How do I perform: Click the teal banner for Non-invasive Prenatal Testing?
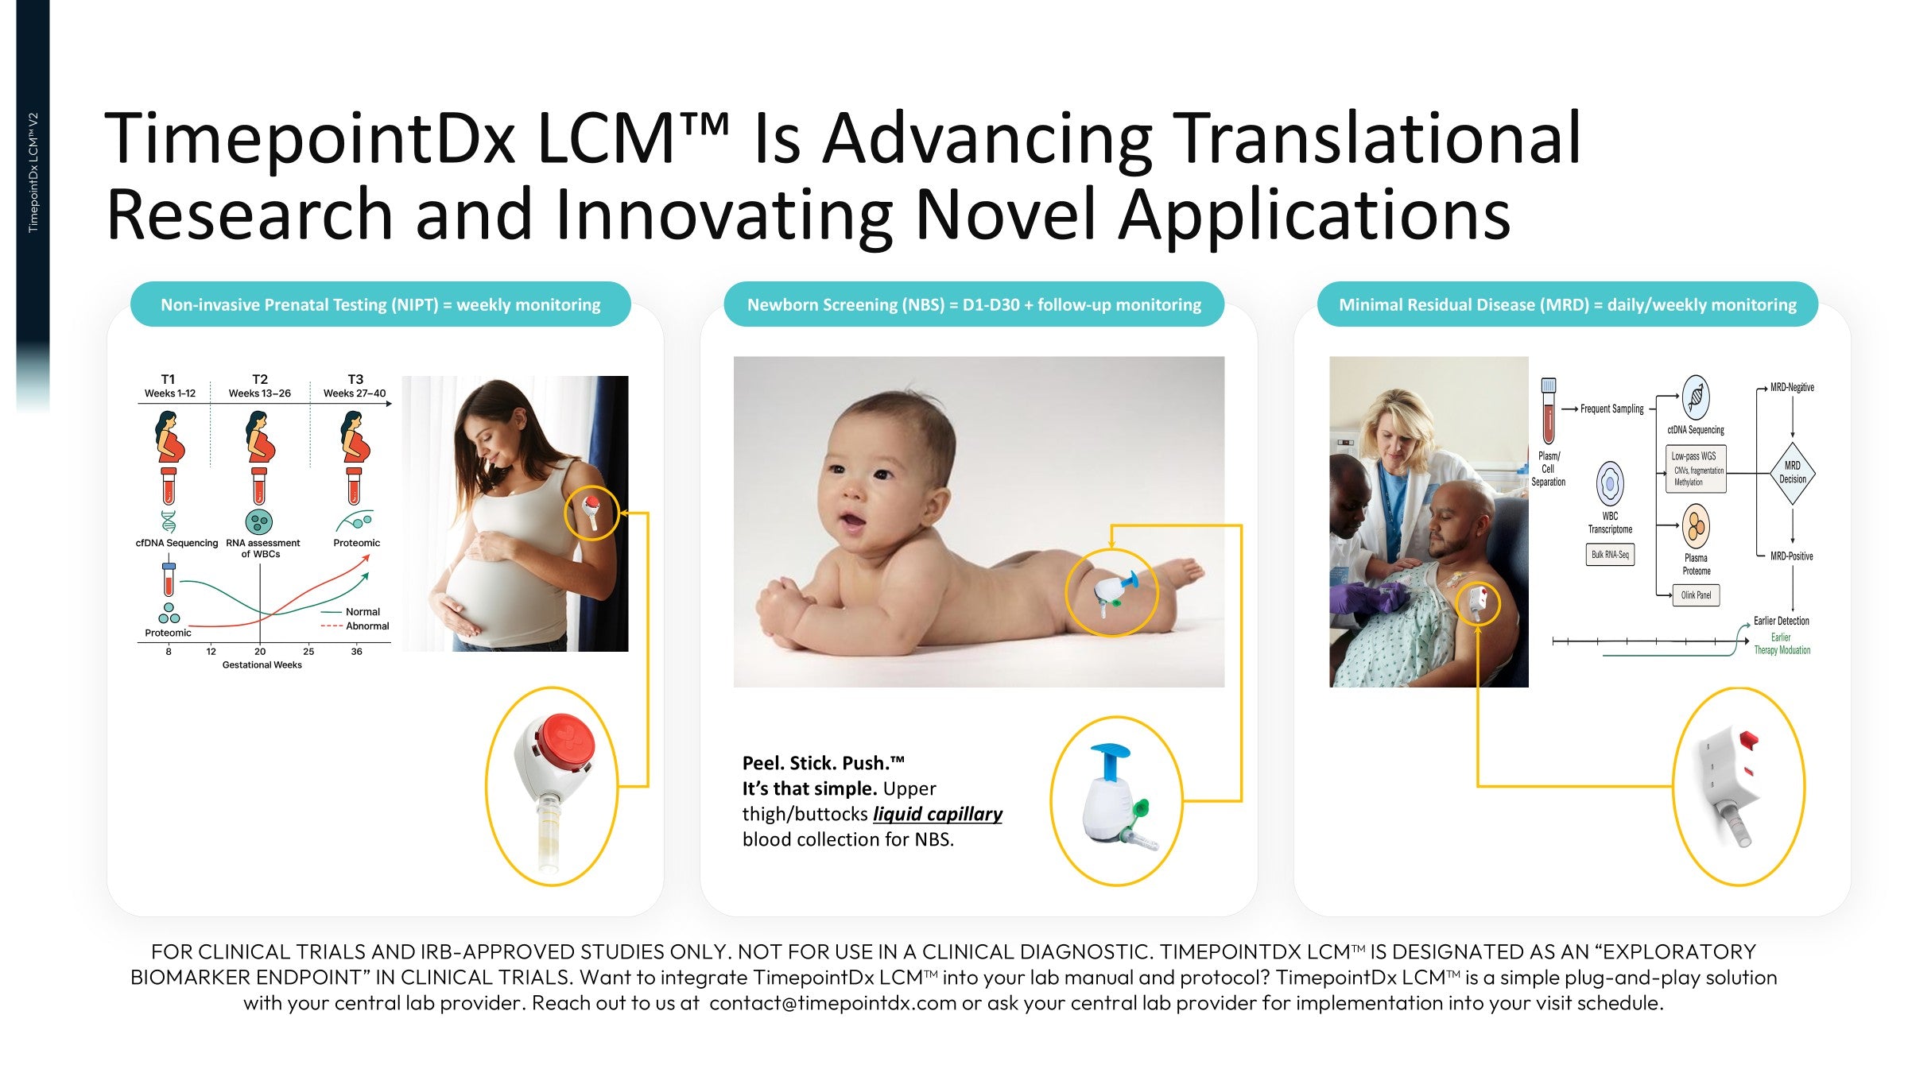pos(380,304)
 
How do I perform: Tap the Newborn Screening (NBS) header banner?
pos(974,304)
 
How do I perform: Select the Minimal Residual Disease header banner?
pos(1567,304)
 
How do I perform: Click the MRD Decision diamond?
pos(1792,472)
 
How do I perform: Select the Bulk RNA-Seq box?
pos(1610,555)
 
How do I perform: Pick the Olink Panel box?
pos(1696,595)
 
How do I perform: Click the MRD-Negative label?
pos(1792,387)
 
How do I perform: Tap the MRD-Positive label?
pos(1791,556)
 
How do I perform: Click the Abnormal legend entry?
pos(355,626)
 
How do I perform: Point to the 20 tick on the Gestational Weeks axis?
pos(260,651)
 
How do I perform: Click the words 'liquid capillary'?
pos(937,814)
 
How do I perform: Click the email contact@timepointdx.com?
pos(832,1003)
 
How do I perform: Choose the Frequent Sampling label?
pos(1611,409)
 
